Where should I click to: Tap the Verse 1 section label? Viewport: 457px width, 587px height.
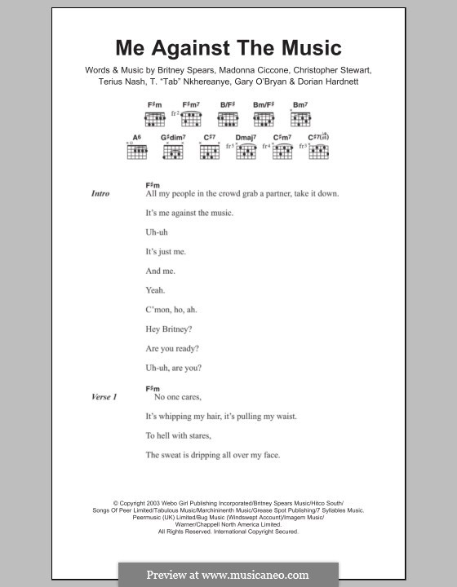pyautogui.click(x=104, y=396)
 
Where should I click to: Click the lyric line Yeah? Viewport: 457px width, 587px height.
pyautogui.click(x=155, y=289)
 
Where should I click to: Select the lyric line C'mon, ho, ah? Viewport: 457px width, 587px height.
pyautogui.click(x=171, y=309)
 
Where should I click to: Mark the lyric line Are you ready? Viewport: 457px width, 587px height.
pyautogui.click(x=172, y=348)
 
